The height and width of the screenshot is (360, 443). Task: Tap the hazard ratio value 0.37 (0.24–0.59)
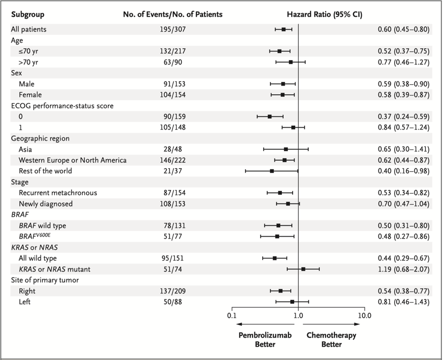[401, 116]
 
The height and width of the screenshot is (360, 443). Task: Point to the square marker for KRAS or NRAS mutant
[303, 269]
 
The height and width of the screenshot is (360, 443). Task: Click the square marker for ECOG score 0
[270, 116]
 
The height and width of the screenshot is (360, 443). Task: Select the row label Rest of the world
[45, 171]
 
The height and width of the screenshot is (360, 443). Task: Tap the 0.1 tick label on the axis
[232, 315]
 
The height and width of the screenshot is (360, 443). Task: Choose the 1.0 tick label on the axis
[298, 315]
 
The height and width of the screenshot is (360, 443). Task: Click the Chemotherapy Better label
[331, 340]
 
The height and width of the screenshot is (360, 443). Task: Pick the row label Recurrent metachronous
[58, 192]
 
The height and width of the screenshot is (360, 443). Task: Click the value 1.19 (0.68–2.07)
[401, 269]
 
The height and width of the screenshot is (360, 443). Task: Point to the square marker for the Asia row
[285, 149]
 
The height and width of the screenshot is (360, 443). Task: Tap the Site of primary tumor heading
[45, 280]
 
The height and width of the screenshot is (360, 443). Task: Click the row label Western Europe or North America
[72, 160]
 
